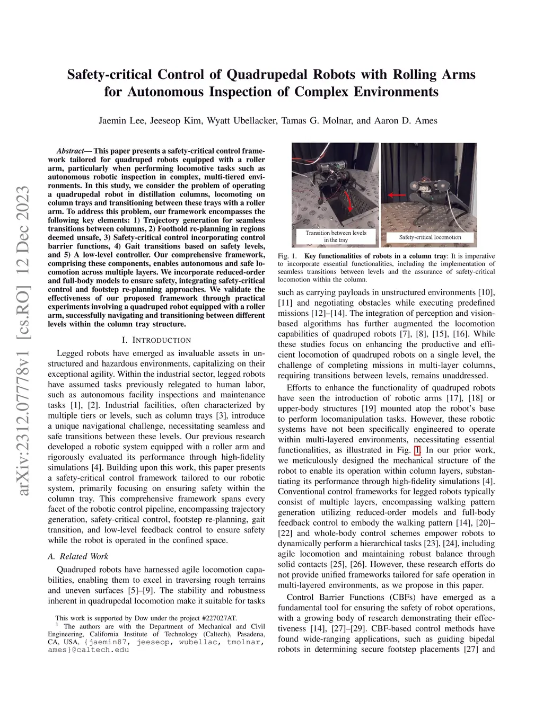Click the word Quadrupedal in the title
pos(267,75)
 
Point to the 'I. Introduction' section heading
pos(156,340)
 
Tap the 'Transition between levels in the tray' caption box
pos(336,236)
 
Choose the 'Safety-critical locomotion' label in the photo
pos(430,237)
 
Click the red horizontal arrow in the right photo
pos(396,195)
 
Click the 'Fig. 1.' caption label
pos(287,256)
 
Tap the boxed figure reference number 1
pos(417,450)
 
